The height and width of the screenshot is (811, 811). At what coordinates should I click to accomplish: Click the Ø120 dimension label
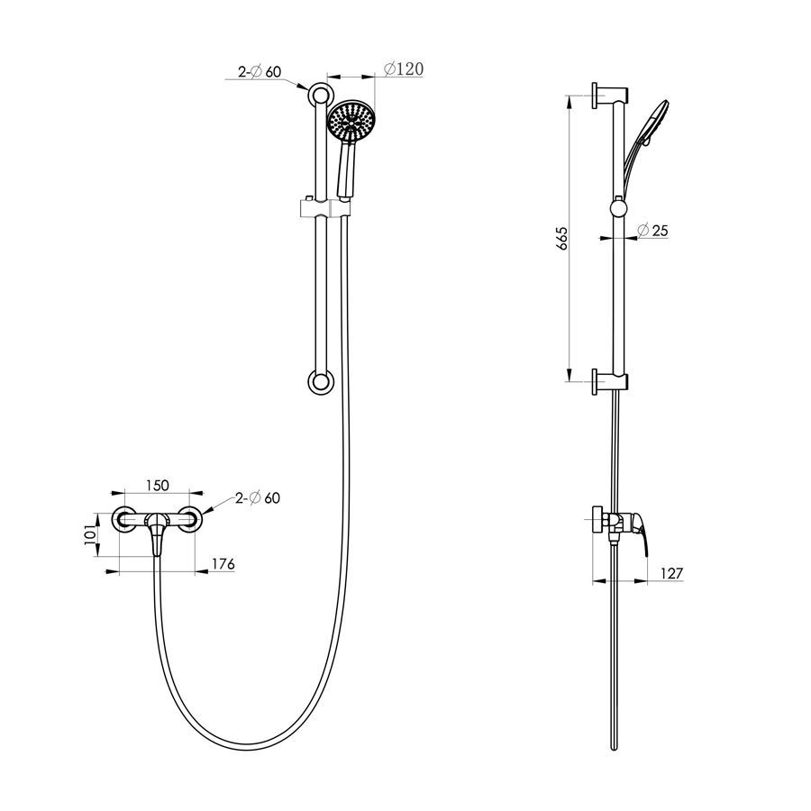tap(404, 68)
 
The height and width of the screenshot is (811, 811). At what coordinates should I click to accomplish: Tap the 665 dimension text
tap(562, 239)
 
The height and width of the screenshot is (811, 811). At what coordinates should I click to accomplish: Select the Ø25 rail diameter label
tap(652, 230)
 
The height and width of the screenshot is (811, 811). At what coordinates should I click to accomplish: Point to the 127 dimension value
tap(671, 573)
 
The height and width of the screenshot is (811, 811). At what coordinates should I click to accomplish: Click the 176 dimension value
tap(223, 564)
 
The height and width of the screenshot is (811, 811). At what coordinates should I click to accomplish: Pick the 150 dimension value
tap(157, 485)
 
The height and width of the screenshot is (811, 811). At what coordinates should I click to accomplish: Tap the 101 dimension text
tap(90, 533)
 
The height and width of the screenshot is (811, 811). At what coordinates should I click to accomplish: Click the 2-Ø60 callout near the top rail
tap(260, 71)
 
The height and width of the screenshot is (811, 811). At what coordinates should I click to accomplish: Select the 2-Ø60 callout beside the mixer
tap(258, 497)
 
